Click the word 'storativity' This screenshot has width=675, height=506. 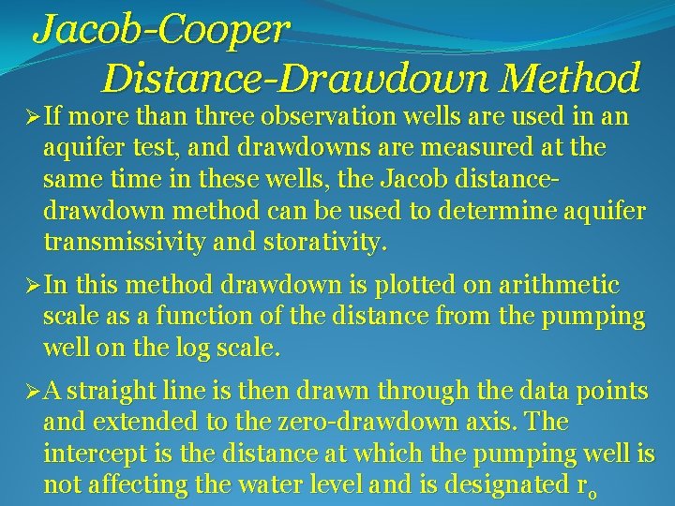(323, 243)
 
